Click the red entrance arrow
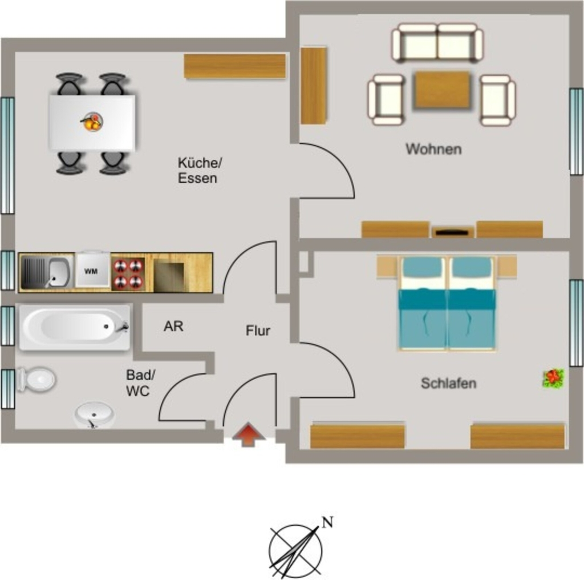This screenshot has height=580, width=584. (x=249, y=434)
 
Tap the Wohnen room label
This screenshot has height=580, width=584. (x=433, y=149)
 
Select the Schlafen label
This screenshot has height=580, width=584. (x=448, y=383)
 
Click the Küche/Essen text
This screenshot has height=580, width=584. (x=200, y=170)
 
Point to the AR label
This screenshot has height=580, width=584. (x=173, y=326)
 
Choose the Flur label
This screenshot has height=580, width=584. (x=258, y=331)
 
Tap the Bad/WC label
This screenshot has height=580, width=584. (x=140, y=383)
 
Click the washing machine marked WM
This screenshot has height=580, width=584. (x=92, y=271)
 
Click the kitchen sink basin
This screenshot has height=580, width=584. (x=59, y=272)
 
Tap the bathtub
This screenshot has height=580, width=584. (x=75, y=327)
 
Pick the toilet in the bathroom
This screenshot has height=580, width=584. (x=36, y=380)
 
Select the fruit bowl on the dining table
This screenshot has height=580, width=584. (x=92, y=122)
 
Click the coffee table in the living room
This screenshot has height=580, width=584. (x=442, y=90)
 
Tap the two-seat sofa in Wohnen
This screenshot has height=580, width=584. (x=437, y=42)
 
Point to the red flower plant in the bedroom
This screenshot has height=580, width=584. (x=553, y=378)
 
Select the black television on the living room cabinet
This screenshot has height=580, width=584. (x=452, y=232)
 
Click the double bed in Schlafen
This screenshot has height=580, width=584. (x=448, y=304)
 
